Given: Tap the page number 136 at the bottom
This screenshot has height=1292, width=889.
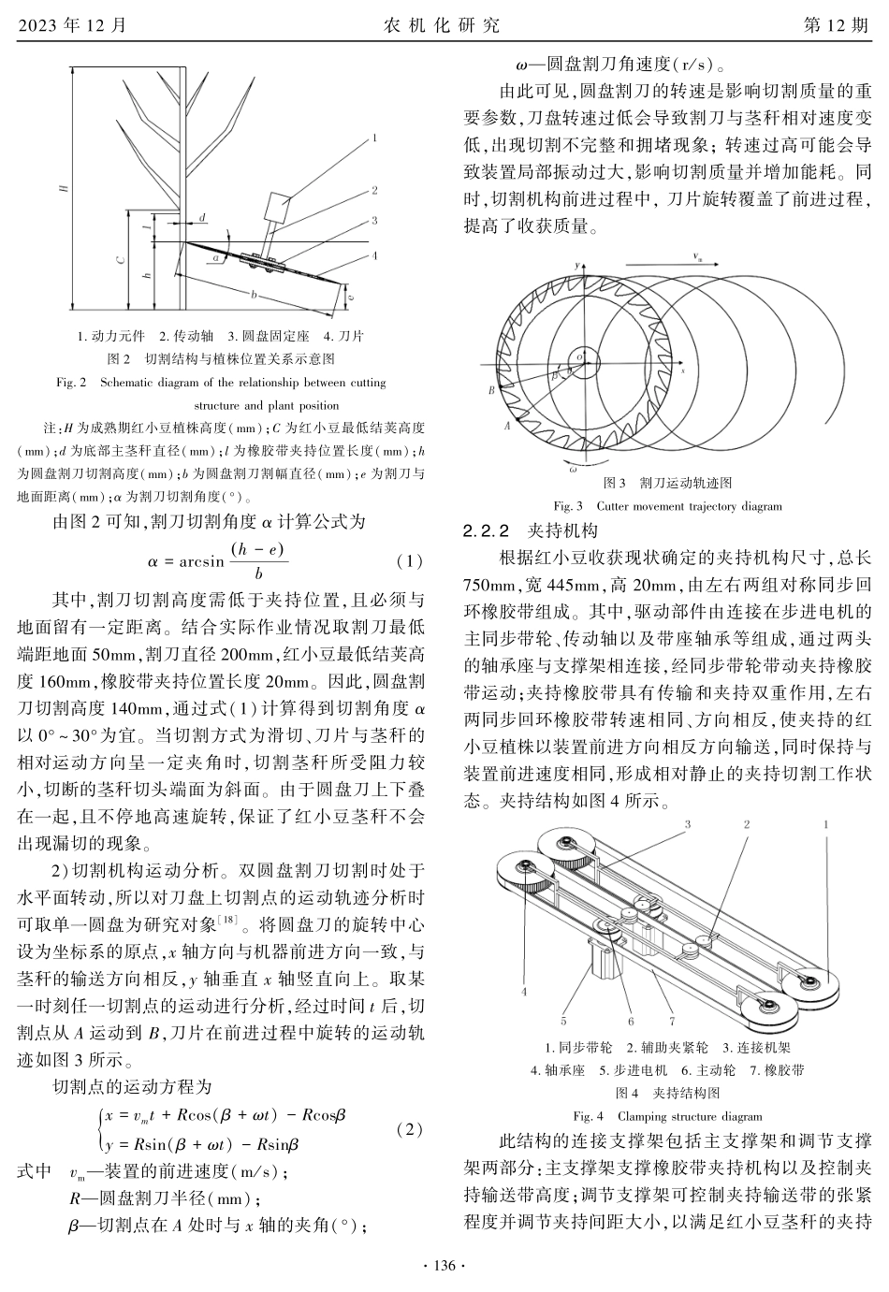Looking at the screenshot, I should coord(444,1266).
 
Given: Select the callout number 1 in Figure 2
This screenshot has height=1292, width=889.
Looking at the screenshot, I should coord(373,138).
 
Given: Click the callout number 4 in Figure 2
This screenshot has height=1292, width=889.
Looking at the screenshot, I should coord(373,254).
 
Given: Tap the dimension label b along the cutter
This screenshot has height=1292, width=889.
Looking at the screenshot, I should coord(255,294).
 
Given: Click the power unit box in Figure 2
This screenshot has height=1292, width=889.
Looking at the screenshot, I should coord(280,208).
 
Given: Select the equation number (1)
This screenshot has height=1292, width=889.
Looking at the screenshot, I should coord(409,561).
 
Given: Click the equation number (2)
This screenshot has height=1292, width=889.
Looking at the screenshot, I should coord(409,1129).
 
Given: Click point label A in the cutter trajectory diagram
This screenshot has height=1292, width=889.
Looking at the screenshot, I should coord(507,426).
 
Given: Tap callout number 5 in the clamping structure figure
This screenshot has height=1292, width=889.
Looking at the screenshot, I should coord(563,1021).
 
